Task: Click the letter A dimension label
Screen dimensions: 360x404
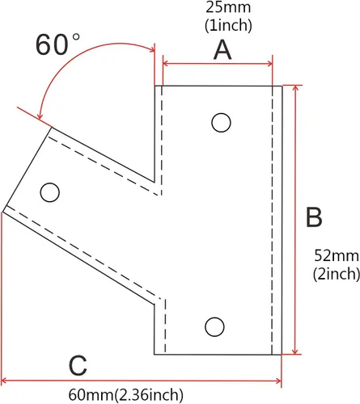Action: pos(222,50)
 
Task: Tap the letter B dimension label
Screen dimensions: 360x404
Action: pos(314,217)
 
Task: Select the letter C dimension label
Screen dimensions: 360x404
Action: pos(78,365)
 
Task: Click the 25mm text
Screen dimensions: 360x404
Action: pos(228,7)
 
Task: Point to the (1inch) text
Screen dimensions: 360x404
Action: pos(228,26)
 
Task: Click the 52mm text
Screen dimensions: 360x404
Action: pos(337,255)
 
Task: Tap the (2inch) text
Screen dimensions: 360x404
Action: pos(337,274)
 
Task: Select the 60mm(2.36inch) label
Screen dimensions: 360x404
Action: pos(125,395)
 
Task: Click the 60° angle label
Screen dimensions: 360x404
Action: pos(57,44)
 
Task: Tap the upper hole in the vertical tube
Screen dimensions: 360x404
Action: pos(221,123)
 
